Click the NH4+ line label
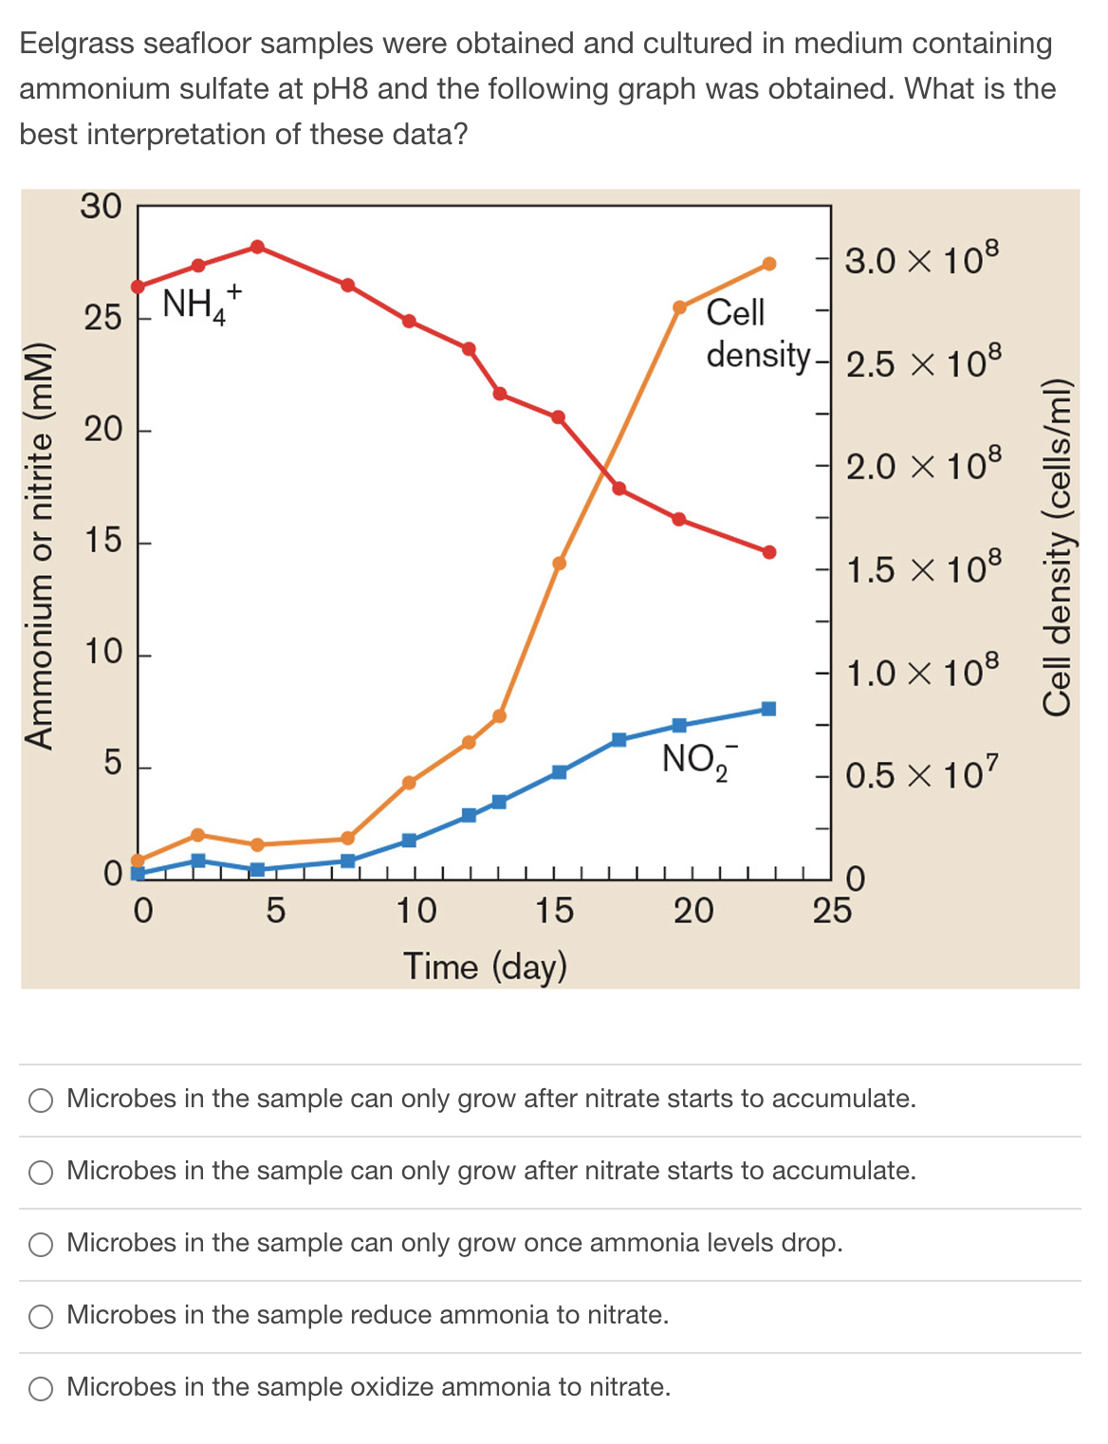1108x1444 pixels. [x=201, y=304]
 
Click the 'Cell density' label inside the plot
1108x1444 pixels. [x=757, y=333]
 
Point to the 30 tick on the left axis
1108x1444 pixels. [x=101, y=206]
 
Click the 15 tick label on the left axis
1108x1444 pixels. [x=102, y=541]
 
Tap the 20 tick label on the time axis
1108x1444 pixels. [x=693, y=911]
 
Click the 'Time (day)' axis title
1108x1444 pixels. [x=485, y=966]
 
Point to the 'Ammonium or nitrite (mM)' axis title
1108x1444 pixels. [x=40, y=546]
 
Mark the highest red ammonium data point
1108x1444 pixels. [x=257, y=247]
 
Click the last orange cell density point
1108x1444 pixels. [x=769, y=264]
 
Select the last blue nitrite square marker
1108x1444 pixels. [x=768, y=709]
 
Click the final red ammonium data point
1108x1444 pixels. [x=769, y=552]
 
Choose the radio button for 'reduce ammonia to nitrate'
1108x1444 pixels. [x=41, y=1316]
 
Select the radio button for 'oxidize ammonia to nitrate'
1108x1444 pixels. [x=41, y=1388]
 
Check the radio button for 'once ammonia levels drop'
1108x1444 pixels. [x=41, y=1244]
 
